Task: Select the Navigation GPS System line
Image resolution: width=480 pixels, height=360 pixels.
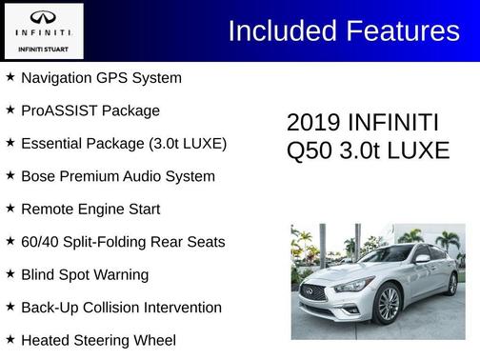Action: point(101,77)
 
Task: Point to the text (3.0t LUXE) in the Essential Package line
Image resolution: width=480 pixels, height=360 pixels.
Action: point(188,144)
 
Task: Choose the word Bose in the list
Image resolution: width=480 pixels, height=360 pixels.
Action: point(37,176)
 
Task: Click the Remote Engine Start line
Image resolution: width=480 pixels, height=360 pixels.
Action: point(90,209)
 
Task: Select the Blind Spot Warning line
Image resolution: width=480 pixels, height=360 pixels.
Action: point(85,274)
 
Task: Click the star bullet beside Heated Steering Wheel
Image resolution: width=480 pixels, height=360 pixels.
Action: point(10,339)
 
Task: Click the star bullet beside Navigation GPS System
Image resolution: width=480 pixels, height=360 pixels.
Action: point(10,76)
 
